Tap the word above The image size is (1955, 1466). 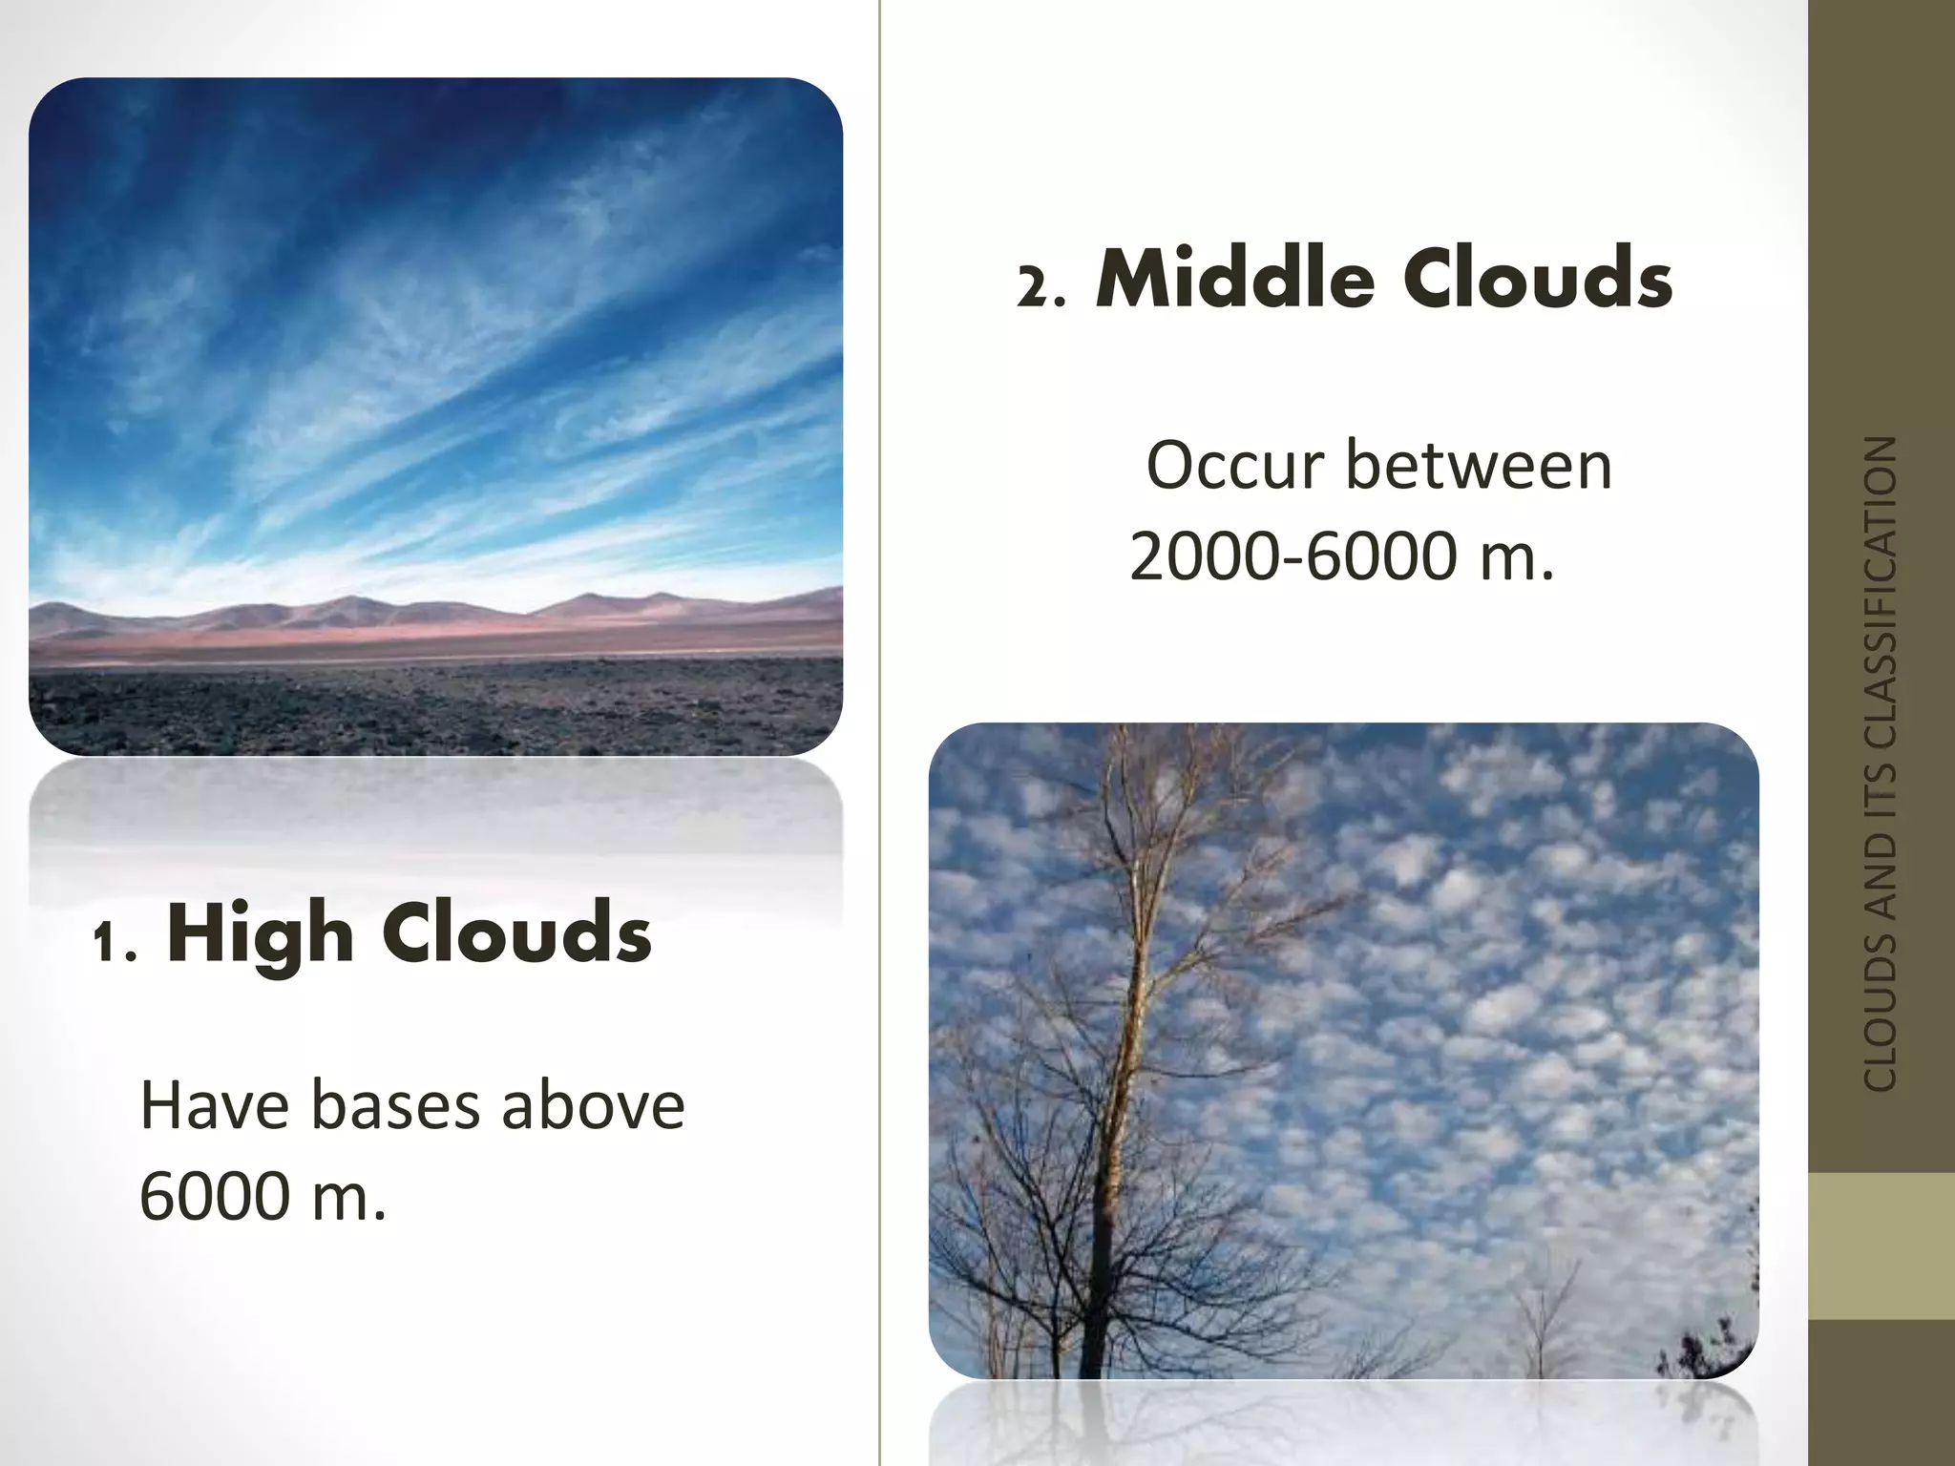click(592, 1106)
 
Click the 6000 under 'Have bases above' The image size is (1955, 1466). click(215, 1196)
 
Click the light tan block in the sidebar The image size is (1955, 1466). click(1881, 1246)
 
